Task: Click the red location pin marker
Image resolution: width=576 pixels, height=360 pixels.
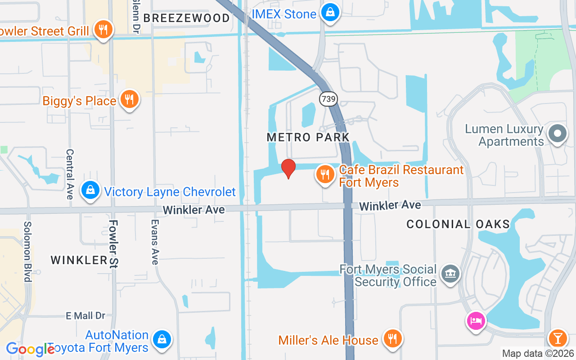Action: coord(288,169)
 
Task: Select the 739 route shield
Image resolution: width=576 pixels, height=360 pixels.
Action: coord(329,99)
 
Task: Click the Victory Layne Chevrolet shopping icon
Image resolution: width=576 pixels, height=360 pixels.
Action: coord(90,191)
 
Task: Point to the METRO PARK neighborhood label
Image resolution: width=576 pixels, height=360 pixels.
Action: coord(308,137)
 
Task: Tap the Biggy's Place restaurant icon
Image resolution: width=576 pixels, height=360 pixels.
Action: coord(129,99)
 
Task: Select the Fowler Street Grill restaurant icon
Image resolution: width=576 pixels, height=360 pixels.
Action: coord(103,30)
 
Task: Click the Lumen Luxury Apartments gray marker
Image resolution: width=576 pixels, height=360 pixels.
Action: coord(558,133)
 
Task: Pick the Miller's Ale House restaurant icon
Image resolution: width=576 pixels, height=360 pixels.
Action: coord(392,338)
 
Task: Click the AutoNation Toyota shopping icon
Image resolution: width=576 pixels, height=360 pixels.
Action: coord(161,340)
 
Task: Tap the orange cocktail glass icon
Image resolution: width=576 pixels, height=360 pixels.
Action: coord(558,337)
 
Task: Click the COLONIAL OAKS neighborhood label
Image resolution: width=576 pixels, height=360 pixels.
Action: coord(458,224)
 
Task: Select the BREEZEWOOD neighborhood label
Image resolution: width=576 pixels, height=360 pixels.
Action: coord(186,18)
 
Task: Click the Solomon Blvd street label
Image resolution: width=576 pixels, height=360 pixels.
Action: coord(28,252)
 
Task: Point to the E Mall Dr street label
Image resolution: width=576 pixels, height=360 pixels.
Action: coord(85,316)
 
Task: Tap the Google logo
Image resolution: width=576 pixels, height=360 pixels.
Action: coord(30,350)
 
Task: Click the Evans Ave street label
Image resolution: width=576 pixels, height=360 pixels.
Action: coord(155,242)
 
